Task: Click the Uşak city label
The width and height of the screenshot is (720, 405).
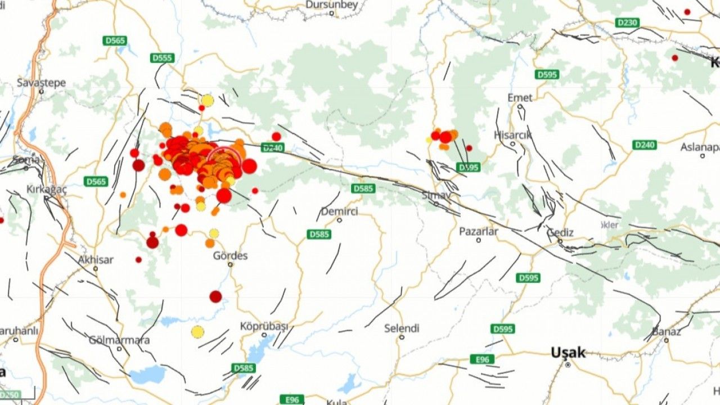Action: [x=568, y=353]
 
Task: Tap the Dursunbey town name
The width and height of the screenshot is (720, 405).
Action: [x=331, y=5]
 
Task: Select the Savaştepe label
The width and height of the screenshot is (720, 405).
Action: [x=41, y=83]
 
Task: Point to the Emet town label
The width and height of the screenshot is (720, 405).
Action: [x=520, y=98]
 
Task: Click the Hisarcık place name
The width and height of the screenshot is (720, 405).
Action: [x=512, y=135]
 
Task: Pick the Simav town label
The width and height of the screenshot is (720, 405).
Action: [x=436, y=195]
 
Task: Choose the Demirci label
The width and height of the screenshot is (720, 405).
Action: [x=339, y=211]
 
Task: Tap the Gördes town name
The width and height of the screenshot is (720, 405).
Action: [x=230, y=256]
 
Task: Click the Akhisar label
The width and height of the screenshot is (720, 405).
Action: [x=96, y=260]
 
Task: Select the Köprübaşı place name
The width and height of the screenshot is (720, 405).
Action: [x=264, y=326]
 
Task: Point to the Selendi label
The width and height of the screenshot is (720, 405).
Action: [x=402, y=328]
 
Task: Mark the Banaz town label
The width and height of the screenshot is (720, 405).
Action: [x=667, y=331]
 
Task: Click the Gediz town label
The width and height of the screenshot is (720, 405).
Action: [x=561, y=232]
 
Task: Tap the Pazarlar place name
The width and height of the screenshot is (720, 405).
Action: [x=478, y=231]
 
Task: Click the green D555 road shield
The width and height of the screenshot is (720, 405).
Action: [x=163, y=58]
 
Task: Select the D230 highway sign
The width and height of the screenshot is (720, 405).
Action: [x=627, y=22]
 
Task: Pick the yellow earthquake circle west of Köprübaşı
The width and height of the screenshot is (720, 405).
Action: [x=197, y=332]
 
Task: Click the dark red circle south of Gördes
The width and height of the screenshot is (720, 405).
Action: [x=215, y=296]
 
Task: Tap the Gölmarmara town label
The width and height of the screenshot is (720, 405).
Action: [x=119, y=340]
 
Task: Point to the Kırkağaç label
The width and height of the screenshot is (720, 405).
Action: [x=47, y=190]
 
